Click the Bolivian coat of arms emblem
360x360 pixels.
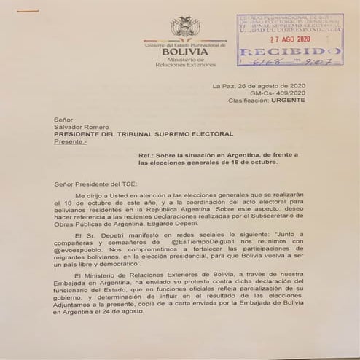point(184,27)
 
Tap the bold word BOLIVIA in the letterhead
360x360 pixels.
point(184,52)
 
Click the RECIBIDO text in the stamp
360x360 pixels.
point(289,54)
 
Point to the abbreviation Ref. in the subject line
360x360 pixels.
point(146,156)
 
